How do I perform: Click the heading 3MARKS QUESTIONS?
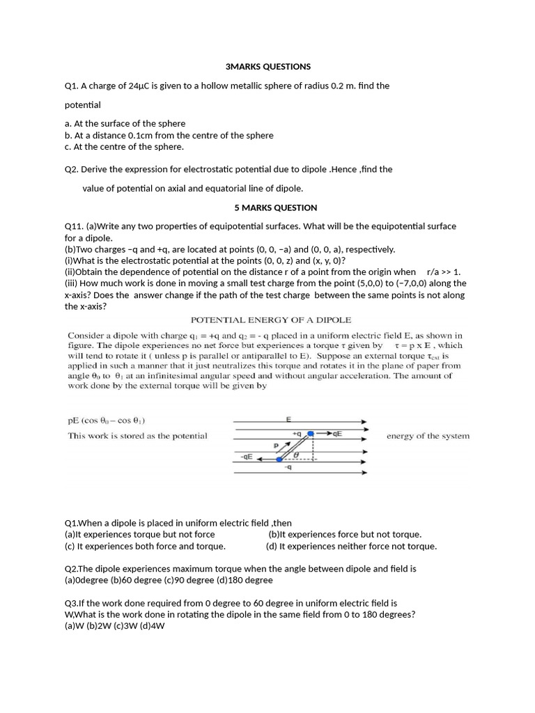click(x=268, y=67)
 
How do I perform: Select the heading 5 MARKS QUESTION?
click(x=275, y=207)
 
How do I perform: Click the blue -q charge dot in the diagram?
click(x=279, y=459)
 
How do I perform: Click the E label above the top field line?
click(x=288, y=419)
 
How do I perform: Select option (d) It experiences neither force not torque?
click(x=351, y=546)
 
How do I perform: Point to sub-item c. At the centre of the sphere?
click(x=114, y=147)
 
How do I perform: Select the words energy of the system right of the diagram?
click(x=428, y=436)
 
